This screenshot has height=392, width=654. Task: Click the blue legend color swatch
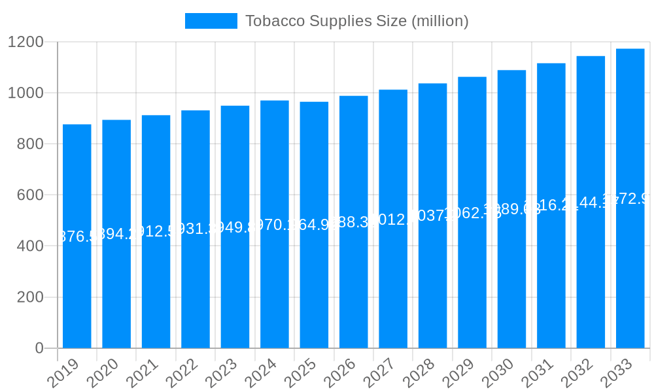(x=211, y=21)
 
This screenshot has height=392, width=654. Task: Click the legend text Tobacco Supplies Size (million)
(x=356, y=21)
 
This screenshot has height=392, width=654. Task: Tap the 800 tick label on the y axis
(x=30, y=144)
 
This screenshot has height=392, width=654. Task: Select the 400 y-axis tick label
(x=30, y=246)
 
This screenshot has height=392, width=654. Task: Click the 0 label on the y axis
(x=39, y=348)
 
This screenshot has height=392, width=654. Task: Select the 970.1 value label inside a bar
(x=275, y=225)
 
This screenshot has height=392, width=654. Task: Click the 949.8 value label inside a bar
(x=235, y=227)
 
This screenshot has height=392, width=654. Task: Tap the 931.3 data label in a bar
(x=196, y=229)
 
